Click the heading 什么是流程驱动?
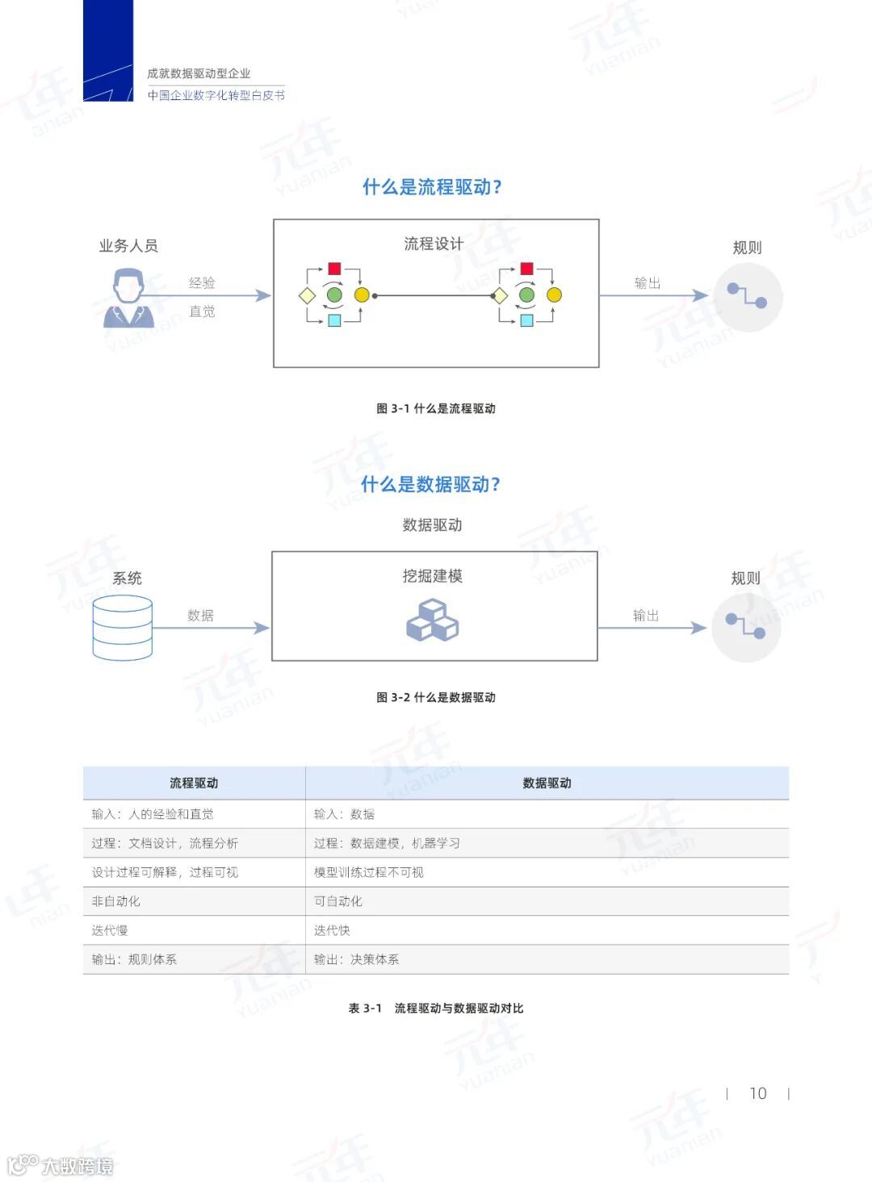tap(432, 187)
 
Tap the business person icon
tap(128, 299)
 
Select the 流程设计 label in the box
tap(434, 244)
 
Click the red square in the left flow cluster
tap(334, 269)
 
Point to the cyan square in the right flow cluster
tap(526, 320)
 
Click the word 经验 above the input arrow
tap(202, 282)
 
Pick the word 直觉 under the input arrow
tap(202, 311)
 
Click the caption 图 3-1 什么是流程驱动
tap(436, 408)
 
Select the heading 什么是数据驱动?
tap(430, 484)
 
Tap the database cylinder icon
tap(123, 628)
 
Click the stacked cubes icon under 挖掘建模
tap(432, 620)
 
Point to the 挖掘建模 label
tap(433, 576)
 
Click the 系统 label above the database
tap(127, 578)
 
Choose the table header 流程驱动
tap(194, 783)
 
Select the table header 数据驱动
tap(547, 783)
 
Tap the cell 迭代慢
tap(110, 930)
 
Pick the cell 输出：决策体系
tap(357, 959)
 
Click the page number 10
tap(757, 1093)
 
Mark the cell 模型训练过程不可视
tap(369, 872)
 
